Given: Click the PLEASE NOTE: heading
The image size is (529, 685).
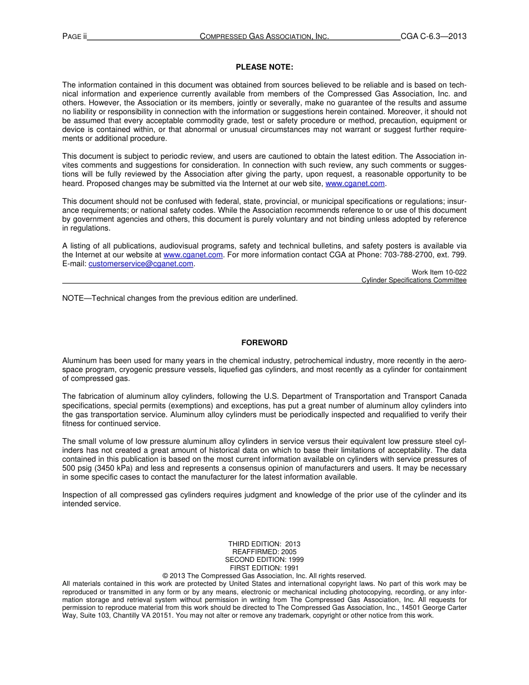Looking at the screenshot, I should pyautogui.click(x=264, y=67).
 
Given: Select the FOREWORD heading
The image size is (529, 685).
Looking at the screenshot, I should pyautogui.click(x=264, y=342).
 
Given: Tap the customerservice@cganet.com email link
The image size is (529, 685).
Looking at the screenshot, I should pyautogui.click(x=141, y=264).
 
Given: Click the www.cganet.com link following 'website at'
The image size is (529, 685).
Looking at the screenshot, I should pyautogui.click(x=193, y=255).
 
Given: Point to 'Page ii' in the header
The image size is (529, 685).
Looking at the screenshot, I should pyautogui.click(x=75, y=37).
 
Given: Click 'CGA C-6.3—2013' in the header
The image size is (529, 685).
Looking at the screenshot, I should pyautogui.click(x=433, y=37).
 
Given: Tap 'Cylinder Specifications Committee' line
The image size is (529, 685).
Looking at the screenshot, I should pyautogui.click(x=414, y=280).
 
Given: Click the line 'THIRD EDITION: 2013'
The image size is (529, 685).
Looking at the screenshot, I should pyautogui.click(x=264, y=544).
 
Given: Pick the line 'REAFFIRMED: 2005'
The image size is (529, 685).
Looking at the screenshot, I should pyautogui.click(x=264, y=551).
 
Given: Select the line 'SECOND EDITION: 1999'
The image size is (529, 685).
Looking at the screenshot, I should pyautogui.click(x=264, y=559).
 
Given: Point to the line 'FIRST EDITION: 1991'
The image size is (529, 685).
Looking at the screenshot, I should pyautogui.click(x=264, y=567).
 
